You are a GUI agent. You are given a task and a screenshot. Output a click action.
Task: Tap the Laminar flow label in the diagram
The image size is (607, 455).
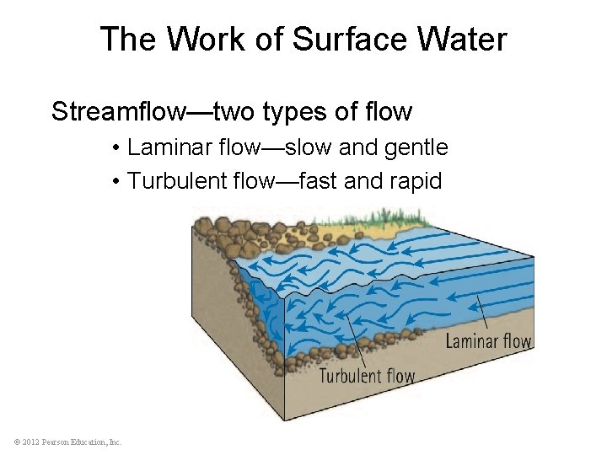(488, 341)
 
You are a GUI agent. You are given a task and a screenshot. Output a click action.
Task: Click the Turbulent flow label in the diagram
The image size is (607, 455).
(367, 375)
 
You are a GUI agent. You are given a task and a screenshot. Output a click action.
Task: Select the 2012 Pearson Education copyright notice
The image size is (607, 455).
(67, 442)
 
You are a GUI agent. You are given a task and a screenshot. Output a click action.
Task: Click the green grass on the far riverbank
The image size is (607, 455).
(371, 221)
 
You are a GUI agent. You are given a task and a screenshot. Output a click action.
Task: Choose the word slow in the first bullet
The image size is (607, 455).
(308, 147)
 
